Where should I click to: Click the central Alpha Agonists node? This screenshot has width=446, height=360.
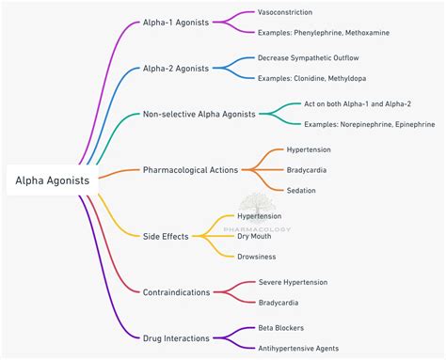click(x=52, y=180)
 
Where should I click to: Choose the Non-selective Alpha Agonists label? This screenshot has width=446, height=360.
click(x=199, y=114)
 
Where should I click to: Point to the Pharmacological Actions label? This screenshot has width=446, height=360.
click(x=190, y=170)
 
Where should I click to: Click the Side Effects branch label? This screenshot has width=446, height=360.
click(x=166, y=236)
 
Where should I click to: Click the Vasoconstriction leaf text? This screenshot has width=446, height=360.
click(x=289, y=13)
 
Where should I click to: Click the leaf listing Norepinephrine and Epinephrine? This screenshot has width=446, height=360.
click(x=369, y=124)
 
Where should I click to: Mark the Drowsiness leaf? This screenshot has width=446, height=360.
click(x=256, y=256)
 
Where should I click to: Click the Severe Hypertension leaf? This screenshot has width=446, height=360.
click(x=295, y=282)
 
